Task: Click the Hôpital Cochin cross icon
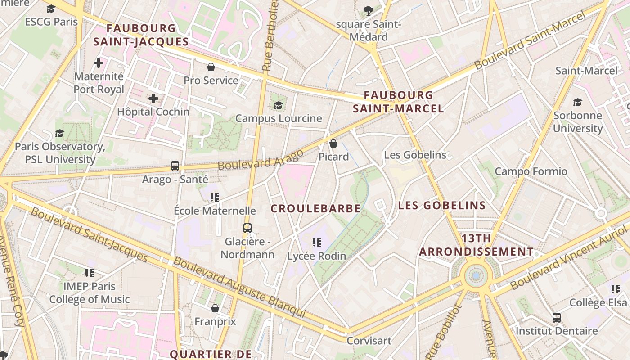153,98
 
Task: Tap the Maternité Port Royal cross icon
99,63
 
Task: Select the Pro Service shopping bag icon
211,67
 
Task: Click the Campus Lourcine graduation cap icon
279,105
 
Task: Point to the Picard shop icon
333,144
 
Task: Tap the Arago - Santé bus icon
175,166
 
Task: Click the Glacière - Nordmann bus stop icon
247,228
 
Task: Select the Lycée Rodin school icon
317,243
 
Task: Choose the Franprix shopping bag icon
215,308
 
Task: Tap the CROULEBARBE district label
315,209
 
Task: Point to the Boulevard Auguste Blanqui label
239,287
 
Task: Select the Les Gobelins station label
415,155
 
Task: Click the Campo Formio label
531,171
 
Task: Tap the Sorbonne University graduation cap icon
577,102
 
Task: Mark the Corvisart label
369,341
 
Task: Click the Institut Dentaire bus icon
557,318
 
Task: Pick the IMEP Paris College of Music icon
90,273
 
